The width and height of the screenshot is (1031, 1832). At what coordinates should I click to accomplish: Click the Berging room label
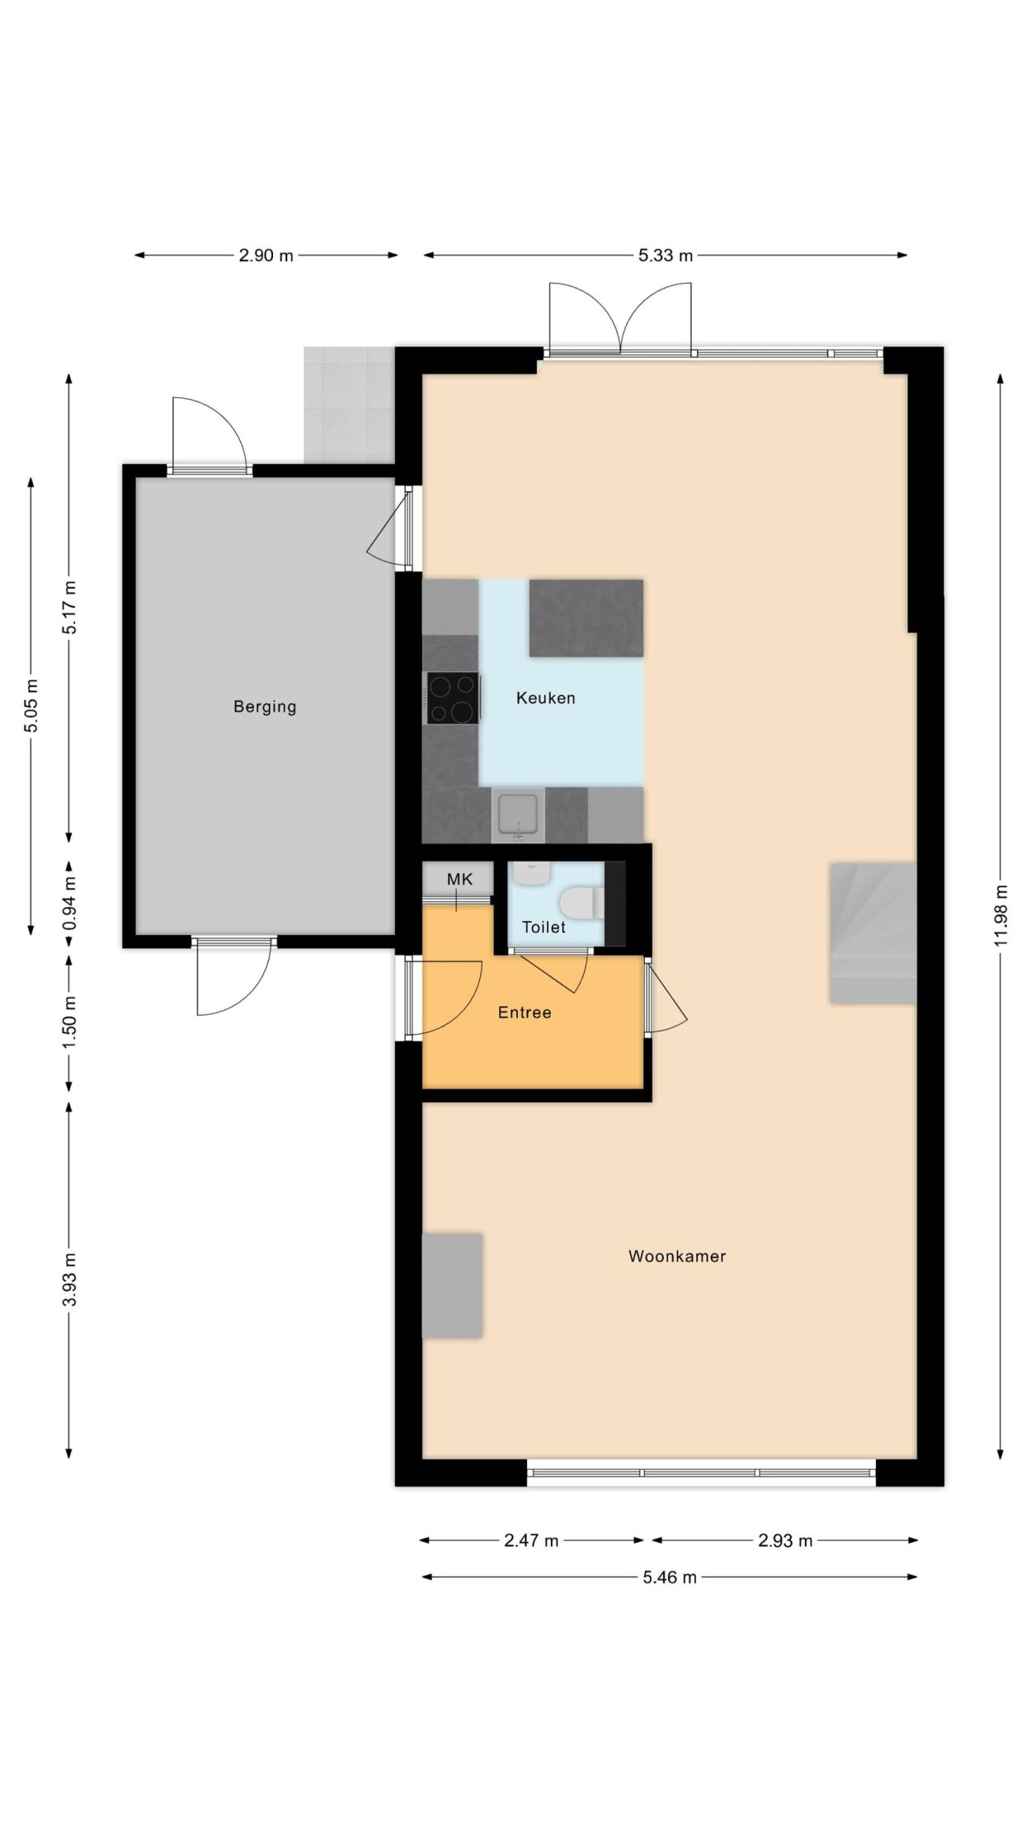265,707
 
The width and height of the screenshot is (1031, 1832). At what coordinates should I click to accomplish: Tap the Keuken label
545,698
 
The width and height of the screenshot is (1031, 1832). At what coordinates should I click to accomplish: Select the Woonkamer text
677,1256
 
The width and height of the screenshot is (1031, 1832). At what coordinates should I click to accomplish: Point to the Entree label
525,1012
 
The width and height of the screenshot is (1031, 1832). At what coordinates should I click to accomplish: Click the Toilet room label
544,927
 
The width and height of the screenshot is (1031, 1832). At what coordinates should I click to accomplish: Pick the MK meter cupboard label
459,879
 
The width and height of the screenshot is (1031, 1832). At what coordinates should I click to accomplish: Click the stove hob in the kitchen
453,698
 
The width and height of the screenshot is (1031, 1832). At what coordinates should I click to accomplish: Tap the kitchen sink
518,815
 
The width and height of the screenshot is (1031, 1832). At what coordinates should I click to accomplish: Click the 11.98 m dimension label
1001,915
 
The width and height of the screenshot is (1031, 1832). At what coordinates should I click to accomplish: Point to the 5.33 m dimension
665,256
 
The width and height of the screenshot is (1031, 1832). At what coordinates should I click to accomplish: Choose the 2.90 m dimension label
266,256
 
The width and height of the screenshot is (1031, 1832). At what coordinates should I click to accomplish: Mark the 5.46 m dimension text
670,1577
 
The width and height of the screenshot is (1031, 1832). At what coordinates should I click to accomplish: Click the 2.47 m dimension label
531,1540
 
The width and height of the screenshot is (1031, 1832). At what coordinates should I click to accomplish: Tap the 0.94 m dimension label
70,902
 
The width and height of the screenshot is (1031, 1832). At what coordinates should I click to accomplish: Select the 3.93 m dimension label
70,1279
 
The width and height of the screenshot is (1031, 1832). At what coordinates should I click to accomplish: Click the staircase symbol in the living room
873,933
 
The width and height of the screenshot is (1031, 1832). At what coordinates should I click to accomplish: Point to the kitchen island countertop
586,618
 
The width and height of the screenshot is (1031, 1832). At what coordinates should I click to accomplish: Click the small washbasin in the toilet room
530,873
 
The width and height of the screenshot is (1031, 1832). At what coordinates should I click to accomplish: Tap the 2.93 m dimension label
785,1540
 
